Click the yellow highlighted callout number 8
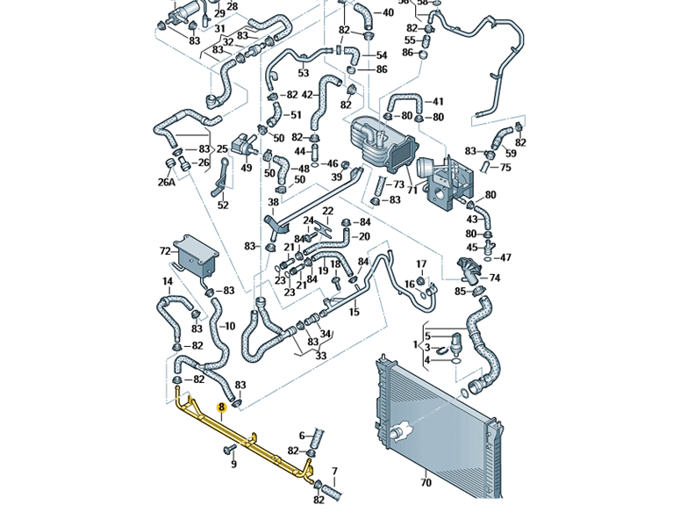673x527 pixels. [222, 408]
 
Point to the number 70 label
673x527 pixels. [426, 482]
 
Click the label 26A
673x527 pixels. [167, 183]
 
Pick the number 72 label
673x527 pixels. [165, 251]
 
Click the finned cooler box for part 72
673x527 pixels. [194, 256]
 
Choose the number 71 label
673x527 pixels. [411, 189]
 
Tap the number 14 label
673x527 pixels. [167, 282]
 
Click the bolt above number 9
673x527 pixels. [229, 449]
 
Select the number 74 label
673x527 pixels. [494, 278]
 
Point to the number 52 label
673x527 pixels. [223, 206]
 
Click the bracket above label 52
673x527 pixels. [223, 180]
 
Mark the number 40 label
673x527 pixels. [388, 13]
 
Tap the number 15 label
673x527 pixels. [354, 312]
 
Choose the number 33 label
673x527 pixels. [320, 356]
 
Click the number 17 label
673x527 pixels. [421, 263]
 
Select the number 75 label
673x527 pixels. [505, 167]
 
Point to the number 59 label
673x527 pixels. [512, 154]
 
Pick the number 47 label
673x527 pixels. [505, 258]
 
